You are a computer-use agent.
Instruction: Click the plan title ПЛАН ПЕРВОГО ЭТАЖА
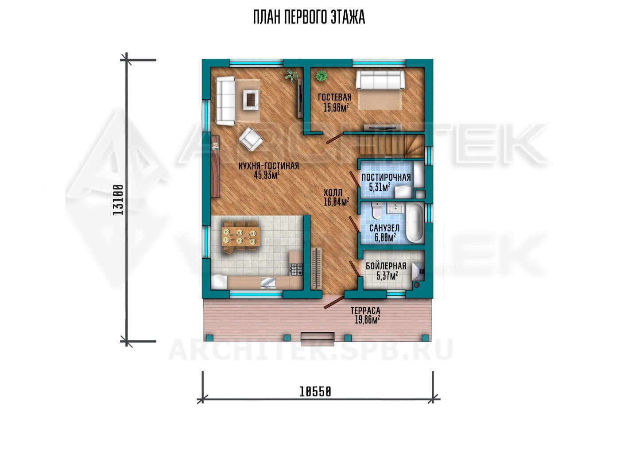309,17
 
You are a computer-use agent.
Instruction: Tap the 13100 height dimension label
118,200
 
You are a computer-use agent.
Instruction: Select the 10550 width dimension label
315,392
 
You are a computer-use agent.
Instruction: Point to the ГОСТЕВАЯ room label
335,97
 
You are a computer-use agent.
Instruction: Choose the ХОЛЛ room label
333,192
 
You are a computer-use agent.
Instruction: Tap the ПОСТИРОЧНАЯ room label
386,178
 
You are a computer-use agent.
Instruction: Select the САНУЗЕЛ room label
384,228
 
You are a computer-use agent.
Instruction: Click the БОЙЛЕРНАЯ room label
386,266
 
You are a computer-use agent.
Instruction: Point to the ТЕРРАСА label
365,310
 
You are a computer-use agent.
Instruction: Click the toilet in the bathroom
377,211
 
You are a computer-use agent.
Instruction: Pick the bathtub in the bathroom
415,224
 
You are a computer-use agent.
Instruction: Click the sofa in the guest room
380,80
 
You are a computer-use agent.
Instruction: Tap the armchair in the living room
251,140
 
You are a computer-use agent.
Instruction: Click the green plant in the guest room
321,76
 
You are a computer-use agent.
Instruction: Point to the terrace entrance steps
318,339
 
